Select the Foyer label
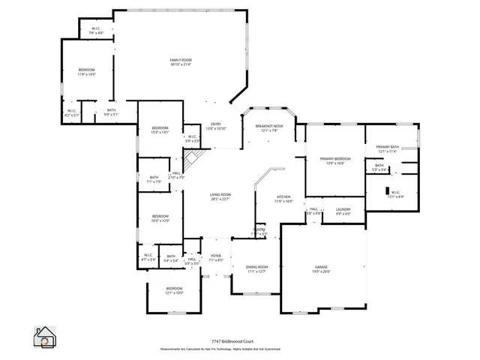(216, 257)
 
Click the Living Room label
(220, 196)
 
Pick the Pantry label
(259, 231)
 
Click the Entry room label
(216, 126)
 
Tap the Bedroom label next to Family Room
(87, 72)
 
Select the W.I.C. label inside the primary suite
(395, 194)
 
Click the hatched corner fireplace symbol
(193, 159)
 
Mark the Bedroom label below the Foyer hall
(174, 290)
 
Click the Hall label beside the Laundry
(314, 211)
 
